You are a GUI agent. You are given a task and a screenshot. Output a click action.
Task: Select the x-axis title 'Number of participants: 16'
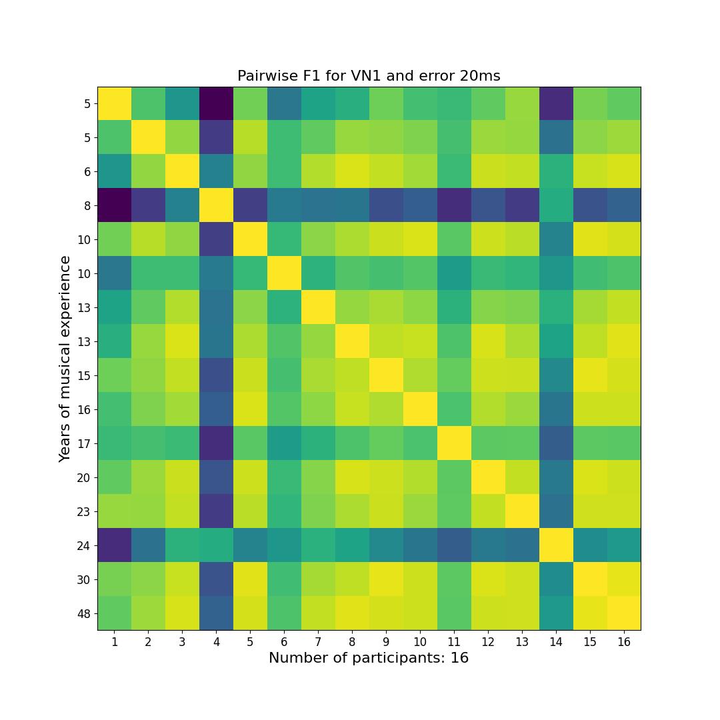(x=369, y=658)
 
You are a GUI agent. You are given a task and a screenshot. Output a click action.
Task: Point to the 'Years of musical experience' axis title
(x=65, y=359)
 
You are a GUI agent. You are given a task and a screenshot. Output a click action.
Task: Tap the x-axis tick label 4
(x=216, y=642)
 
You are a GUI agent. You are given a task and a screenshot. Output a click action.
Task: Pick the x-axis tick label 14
(x=556, y=642)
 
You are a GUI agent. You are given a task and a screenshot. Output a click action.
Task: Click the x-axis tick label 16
(x=624, y=642)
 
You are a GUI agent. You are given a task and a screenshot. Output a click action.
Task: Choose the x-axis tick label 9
(x=386, y=642)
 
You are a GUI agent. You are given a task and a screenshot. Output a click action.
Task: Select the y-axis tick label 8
(x=87, y=205)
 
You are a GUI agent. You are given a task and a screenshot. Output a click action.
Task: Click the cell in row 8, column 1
(x=115, y=205)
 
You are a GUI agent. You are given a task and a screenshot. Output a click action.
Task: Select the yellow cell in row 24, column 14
(x=556, y=545)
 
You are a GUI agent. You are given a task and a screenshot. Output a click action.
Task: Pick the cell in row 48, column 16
(x=624, y=613)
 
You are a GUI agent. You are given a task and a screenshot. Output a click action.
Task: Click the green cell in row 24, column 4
(x=216, y=545)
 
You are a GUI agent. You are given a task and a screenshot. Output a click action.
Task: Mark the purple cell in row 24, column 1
(x=115, y=545)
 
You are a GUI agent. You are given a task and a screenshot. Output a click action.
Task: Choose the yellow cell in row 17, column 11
(x=454, y=443)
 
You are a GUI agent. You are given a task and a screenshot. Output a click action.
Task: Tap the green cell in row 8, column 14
(x=556, y=205)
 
